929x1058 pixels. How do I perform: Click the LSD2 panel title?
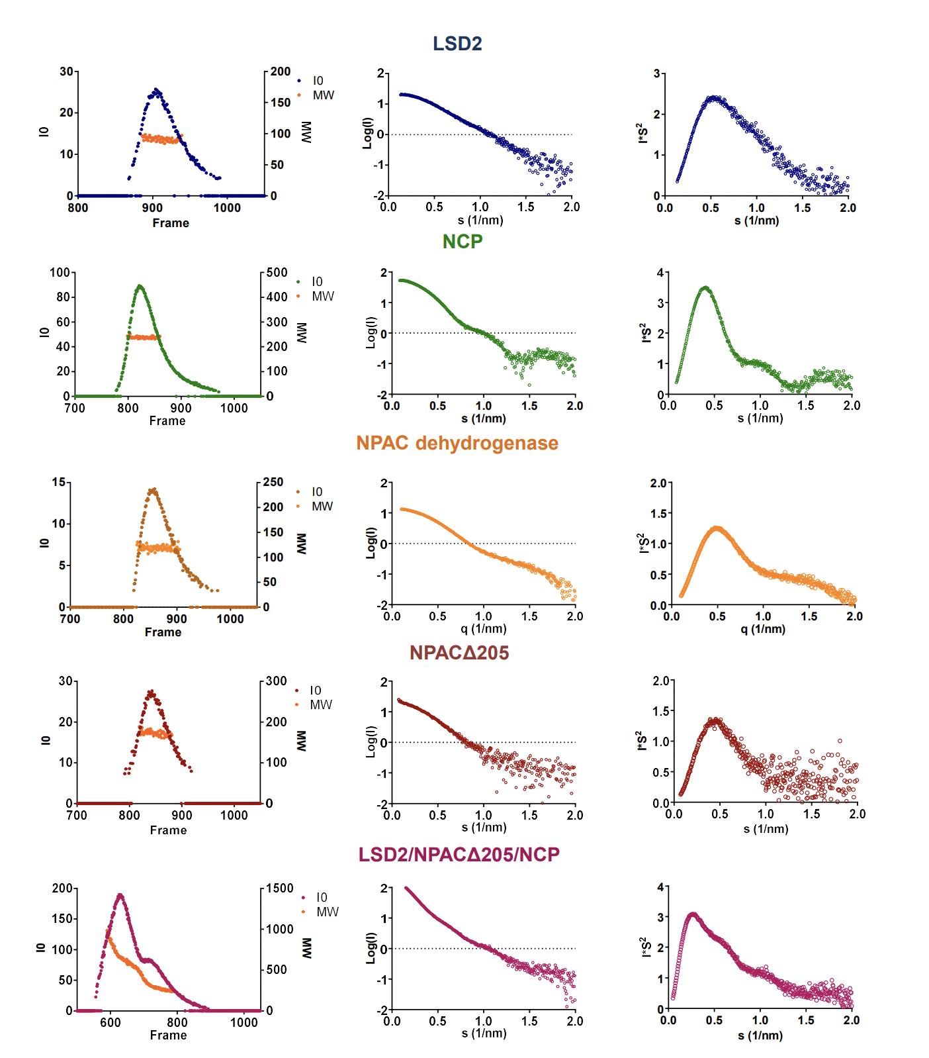click(x=457, y=44)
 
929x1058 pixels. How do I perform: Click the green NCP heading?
click(x=463, y=242)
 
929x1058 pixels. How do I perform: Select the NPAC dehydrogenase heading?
click(x=457, y=443)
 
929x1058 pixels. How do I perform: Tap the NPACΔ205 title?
click(x=459, y=653)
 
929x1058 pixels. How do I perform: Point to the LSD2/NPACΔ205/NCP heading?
click(x=459, y=854)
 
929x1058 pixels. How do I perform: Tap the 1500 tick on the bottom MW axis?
click(x=280, y=889)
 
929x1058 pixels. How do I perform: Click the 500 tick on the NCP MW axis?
click(x=277, y=273)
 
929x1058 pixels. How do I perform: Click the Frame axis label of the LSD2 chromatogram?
click(x=171, y=223)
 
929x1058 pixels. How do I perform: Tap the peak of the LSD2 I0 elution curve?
click(x=156, y=89)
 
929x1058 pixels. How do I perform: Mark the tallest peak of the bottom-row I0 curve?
click(x=120, y=895)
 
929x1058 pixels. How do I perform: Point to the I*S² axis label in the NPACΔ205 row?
click(x=641, y=742)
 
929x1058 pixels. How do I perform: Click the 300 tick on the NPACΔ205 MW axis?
click(x=276, y=681)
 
